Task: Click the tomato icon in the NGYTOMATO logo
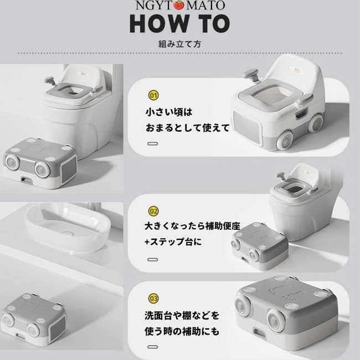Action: pyautogui.click(x=179, y=6)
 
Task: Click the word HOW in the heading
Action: pyautogui.click(x=158, y=24)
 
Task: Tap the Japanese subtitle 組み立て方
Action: pyautogui.click(x=180, y=44)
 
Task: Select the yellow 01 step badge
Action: pyautogui.click(x=153, y=95)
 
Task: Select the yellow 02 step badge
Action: pyautogui.click(x=153, y=211)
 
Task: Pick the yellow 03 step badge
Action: pyautogui.click(x=153, y=299)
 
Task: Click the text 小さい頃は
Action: pyautogui.click(x=169, y=112)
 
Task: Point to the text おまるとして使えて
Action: pyautogui.click(x=188, y=127)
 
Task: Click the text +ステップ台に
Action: pyautogui.click(x=173, y=242)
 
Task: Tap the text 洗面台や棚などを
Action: pyautogui.click(x=182, y=316)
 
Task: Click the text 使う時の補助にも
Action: pyautogui.click(x=182, y=331)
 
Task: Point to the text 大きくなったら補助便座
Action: pyautogui.click(x=192, y=226)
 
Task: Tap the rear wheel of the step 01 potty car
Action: pyautogui.click(x=316, y=124)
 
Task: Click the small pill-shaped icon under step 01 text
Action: pyautogui.click(x=153, y=144)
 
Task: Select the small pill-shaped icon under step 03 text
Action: pyautogui.click(x=153, y=347)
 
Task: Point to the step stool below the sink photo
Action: pyautogui.click(x=33, y=316)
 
